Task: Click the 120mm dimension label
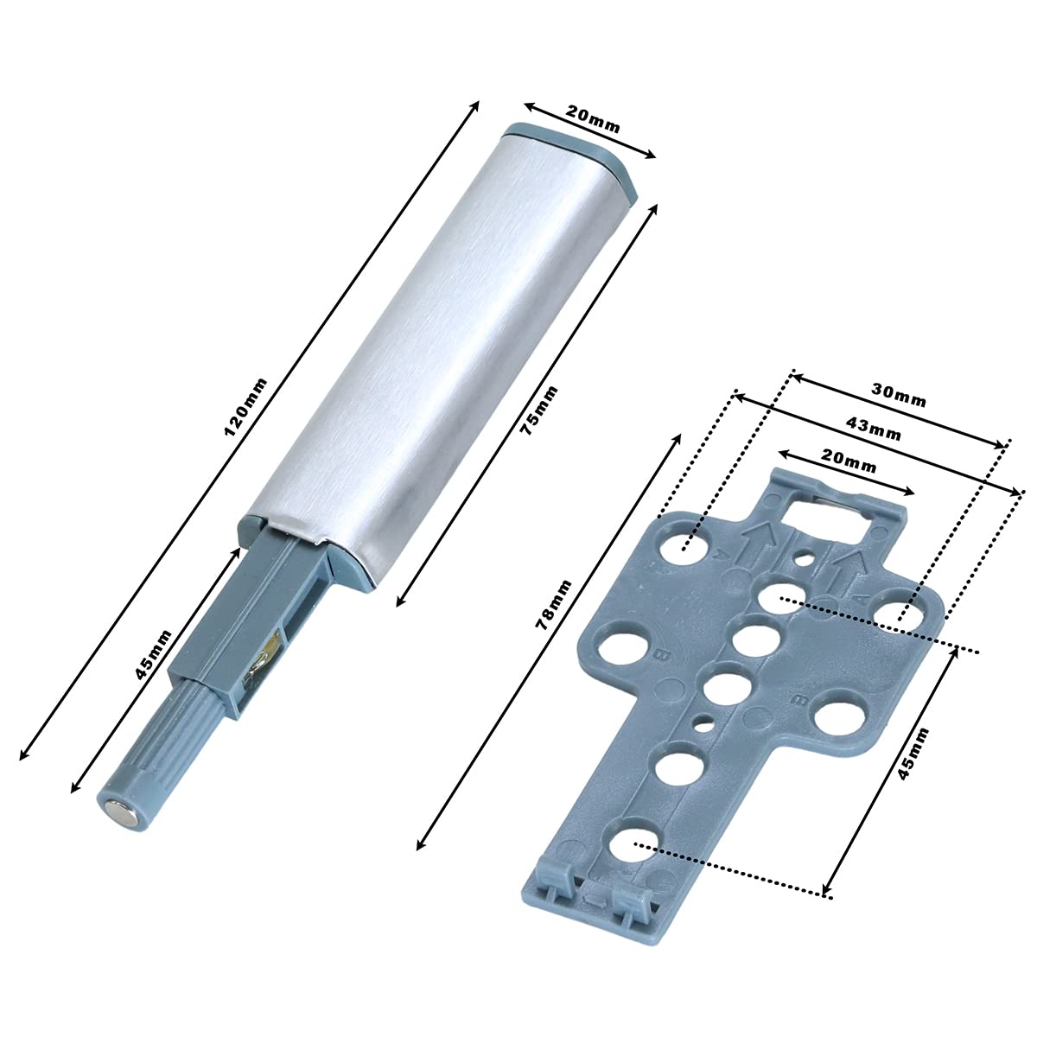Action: click(245, 407)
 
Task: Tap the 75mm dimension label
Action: click(538, 411)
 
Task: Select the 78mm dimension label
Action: click(554, 604)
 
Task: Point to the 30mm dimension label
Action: click(899, 397)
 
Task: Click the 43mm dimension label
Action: click(874, 429)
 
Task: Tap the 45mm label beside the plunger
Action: click(153, 654)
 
